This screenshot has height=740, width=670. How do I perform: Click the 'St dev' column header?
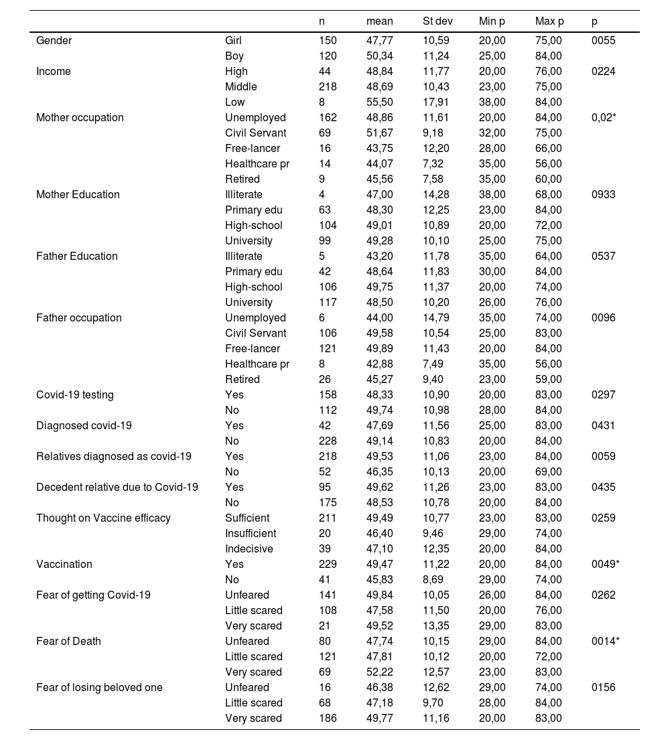click(x=438, y=21)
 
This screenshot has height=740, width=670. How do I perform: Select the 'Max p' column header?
click(x=549, y=21)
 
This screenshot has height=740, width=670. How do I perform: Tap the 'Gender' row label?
click(x=54, y=40)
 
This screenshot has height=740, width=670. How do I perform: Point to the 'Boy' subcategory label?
click(x=234, y=56)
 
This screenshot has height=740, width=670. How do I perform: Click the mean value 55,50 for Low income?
click(x=380, y=102)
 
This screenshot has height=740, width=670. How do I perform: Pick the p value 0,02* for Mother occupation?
click(x=605, y=117)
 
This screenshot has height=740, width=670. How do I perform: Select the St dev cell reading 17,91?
click(x=436, y=102)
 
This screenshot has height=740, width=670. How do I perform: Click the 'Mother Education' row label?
click(x=78, y=194)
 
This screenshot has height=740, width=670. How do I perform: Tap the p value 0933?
click(x=604, y=194)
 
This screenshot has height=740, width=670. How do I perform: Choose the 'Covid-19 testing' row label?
click(x=75, y=394)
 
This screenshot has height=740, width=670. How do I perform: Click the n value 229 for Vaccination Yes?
click(x=328, y=564)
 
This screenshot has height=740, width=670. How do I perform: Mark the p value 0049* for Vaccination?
click(x=606, y=564)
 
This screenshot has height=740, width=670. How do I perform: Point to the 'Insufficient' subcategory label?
click(x=251, y=533)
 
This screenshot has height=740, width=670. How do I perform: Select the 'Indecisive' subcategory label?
click(x=249, y=548)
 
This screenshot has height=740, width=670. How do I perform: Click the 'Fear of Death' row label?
click(x=68, y=641)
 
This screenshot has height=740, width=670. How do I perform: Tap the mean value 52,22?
click(x=380, y=672)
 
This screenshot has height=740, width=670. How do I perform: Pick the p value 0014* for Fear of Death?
click(x=606, y=641)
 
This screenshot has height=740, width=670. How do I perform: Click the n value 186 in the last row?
click(x=328, y=718)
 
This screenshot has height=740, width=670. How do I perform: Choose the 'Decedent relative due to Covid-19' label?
click(x=117, y=487)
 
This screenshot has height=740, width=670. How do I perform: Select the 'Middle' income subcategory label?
click(x=241, y=86)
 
